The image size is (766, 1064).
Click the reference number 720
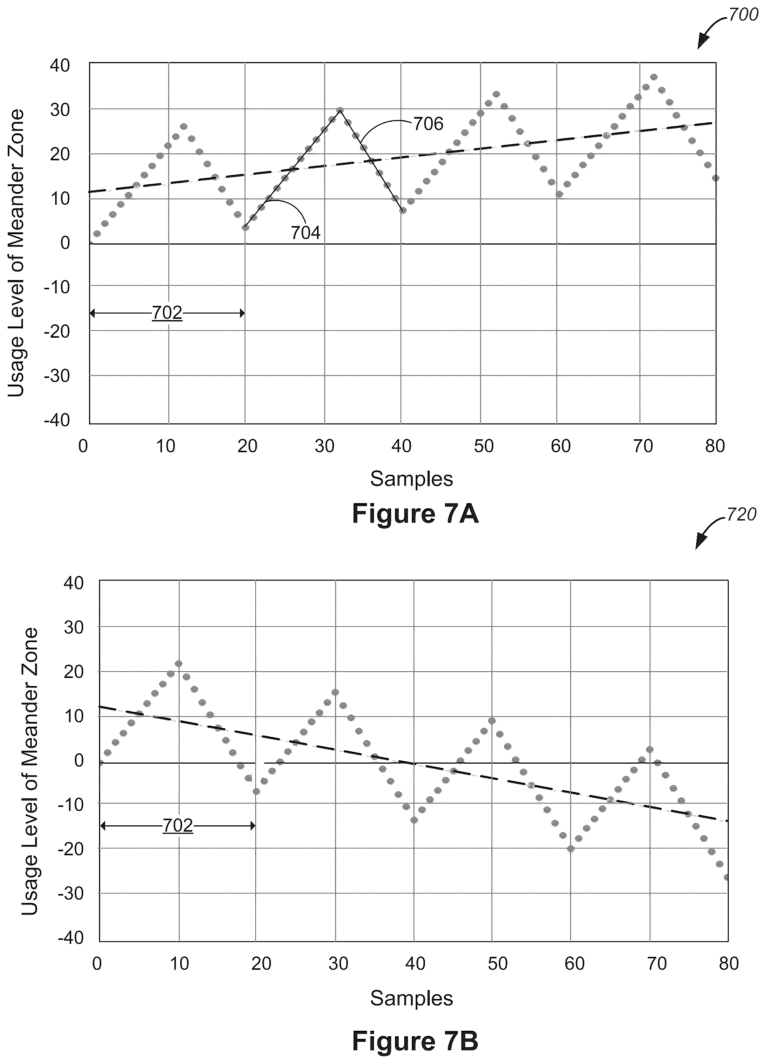[741, 515]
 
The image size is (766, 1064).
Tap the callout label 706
[428, 124]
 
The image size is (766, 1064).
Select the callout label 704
[306, 233]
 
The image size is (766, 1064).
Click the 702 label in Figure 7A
[167, 313]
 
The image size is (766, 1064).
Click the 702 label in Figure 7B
[178, 825]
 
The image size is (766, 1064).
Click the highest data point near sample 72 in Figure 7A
[654, 77]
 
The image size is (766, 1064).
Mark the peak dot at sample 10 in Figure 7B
[179, 664]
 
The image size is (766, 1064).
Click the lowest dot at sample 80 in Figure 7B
[726, 877]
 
